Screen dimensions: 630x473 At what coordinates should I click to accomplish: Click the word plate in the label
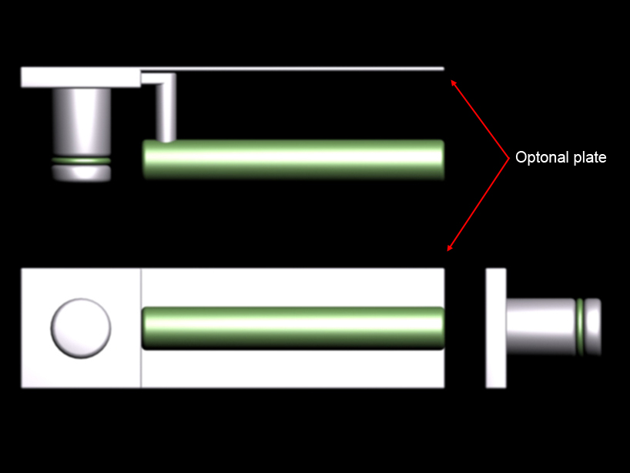[x=590, y=157]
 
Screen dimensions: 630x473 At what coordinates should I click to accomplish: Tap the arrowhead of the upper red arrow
[x=453, y=82]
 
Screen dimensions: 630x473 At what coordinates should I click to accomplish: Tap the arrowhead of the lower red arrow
[x=450, y=247]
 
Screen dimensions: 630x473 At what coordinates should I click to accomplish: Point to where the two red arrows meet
[x=508, y=158]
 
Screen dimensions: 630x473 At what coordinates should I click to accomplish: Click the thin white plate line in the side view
[x=293, y=69]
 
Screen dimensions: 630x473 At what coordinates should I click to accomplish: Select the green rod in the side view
[x=293, y=159]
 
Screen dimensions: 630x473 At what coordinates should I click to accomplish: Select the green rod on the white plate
[x=293, y=328]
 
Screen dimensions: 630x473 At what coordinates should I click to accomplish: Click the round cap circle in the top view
[x=81, y=328]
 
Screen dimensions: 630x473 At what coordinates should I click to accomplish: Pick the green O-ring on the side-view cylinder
[x=81, y=161]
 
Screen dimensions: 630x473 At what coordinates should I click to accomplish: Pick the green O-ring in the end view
[x=580, y=327]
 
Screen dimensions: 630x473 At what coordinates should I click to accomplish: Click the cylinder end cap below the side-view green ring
[x=81, y=173]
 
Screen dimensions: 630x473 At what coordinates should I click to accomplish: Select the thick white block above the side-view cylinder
[x=81, y=77]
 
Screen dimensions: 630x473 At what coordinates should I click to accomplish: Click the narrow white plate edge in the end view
[x=496, y=328]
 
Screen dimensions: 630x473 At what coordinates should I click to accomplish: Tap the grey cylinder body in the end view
[x=541, y=327]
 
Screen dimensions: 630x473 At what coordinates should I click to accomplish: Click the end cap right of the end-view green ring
[x=592, y=327]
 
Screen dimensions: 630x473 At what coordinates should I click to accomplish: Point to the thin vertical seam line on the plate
[x=141, y=328]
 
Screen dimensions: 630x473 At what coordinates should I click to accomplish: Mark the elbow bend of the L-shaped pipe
[x=169, y=79]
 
